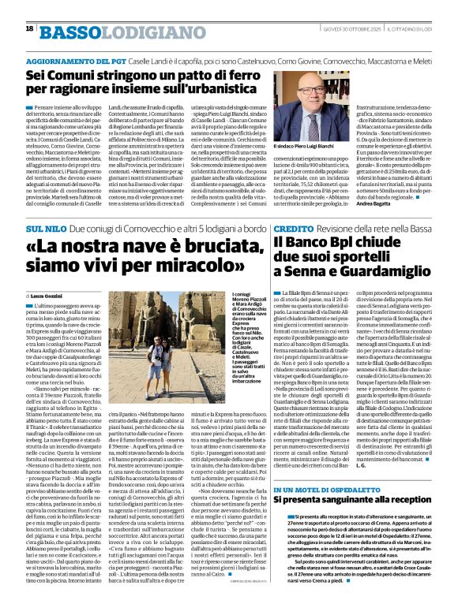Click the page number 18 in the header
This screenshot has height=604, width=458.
coord(29,29)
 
